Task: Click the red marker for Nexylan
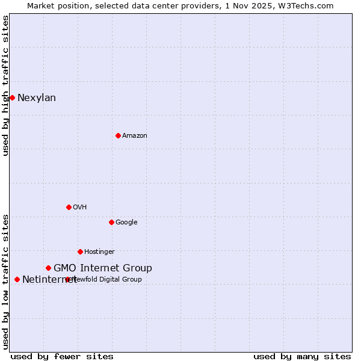[12, 97]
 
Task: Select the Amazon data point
[118, 135]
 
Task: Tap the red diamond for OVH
[69, 207]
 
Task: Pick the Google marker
[111, 222]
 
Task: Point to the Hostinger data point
[80, 251]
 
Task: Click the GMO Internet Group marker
[48, 268]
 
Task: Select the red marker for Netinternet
[17, 279]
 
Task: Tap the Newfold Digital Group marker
[67, 279]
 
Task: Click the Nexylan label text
[37, 98]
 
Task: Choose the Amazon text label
[135, 136]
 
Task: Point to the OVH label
[80, 208]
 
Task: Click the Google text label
[126, 223]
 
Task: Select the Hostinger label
[99, 252]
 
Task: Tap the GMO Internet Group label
[103, 268]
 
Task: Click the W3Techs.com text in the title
[307, 5]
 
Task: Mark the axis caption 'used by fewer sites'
[62, 356]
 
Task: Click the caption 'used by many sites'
[302, 356]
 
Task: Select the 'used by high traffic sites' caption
[5, 85]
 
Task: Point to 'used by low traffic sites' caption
[5, 282]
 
